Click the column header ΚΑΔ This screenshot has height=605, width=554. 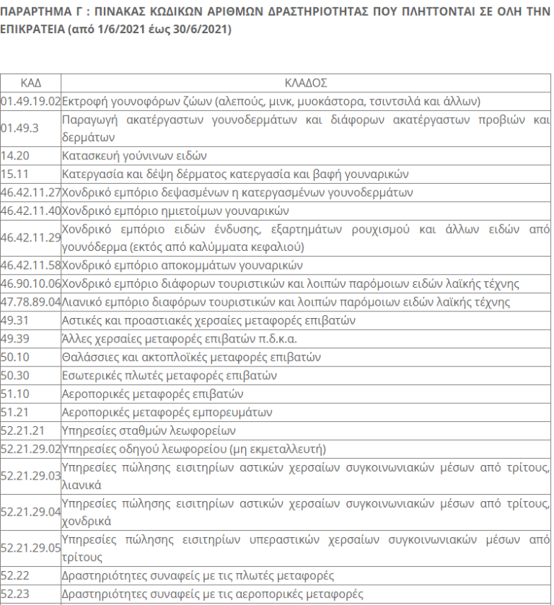coord(30,83)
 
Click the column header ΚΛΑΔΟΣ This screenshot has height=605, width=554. coord(306,83)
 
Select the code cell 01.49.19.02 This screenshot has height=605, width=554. coord(30,101)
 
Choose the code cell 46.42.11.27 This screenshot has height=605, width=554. coord(30,193)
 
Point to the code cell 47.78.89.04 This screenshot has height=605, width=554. coord(30,301)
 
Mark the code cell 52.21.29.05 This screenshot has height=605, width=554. coord(30,549)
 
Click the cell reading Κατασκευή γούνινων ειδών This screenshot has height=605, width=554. coord(135,155)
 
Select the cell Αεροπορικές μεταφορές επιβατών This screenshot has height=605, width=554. coord(153,394)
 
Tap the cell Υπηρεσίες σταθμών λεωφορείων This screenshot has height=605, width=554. coord(149,430)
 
